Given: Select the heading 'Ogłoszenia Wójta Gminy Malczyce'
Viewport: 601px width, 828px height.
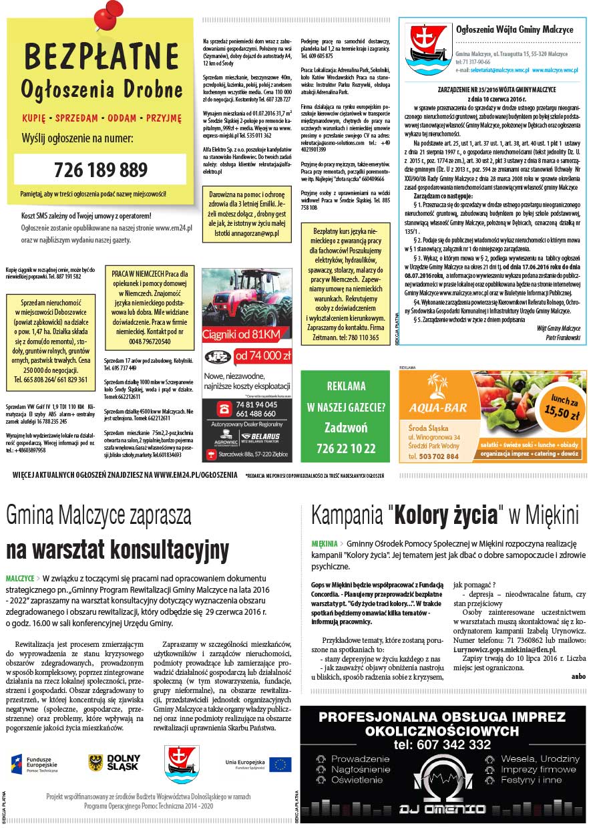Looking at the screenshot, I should coord(514,30).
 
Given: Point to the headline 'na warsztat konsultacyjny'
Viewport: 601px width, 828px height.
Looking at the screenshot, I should coord(117,549).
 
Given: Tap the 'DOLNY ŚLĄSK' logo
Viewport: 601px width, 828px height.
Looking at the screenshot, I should coord(114,763).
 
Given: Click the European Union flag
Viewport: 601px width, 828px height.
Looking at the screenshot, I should coord(280,764).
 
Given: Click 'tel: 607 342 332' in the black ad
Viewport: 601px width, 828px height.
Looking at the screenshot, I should coord(442,744).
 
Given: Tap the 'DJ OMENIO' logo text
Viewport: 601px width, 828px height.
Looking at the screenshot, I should coord(442,809).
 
